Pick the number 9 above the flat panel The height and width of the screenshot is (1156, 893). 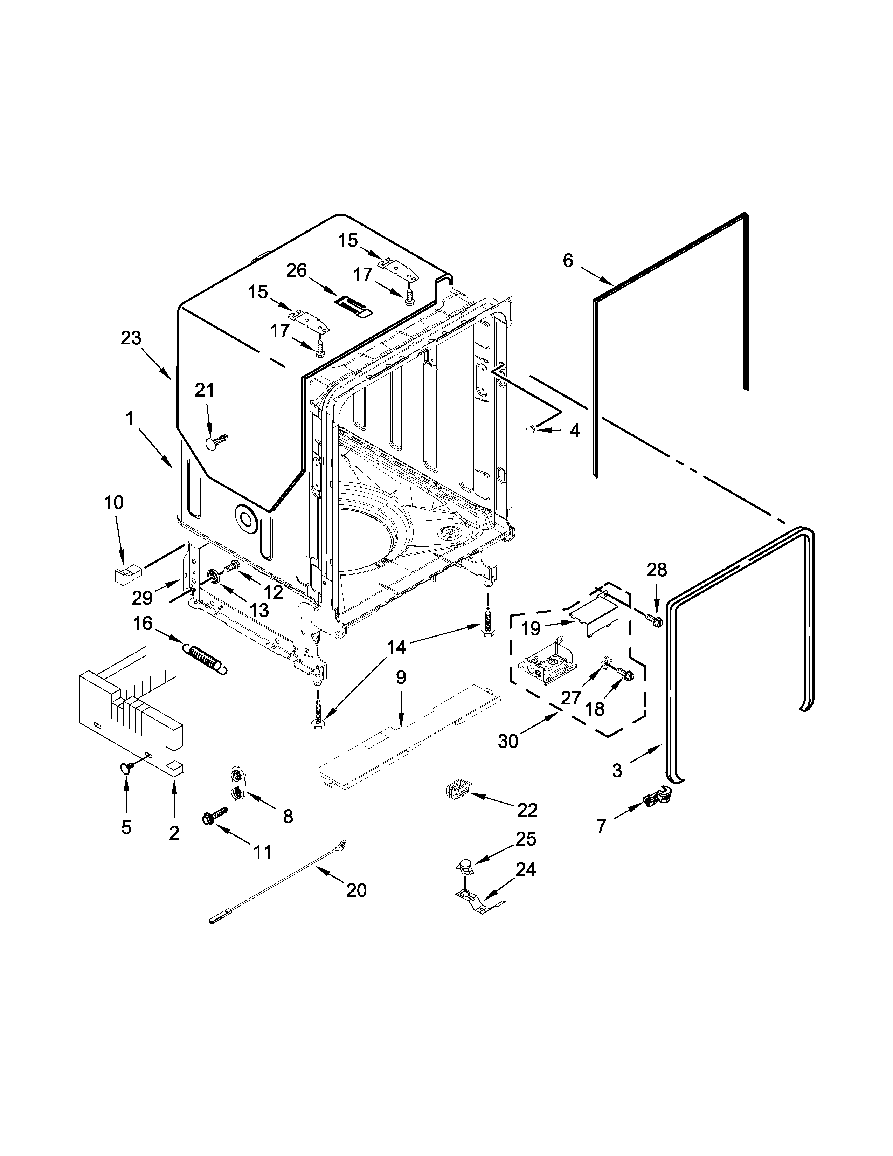[x=401, y=677]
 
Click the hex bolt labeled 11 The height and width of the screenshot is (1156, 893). [x=214, y=815]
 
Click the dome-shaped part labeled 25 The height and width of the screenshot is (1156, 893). [x=464, y=866]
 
